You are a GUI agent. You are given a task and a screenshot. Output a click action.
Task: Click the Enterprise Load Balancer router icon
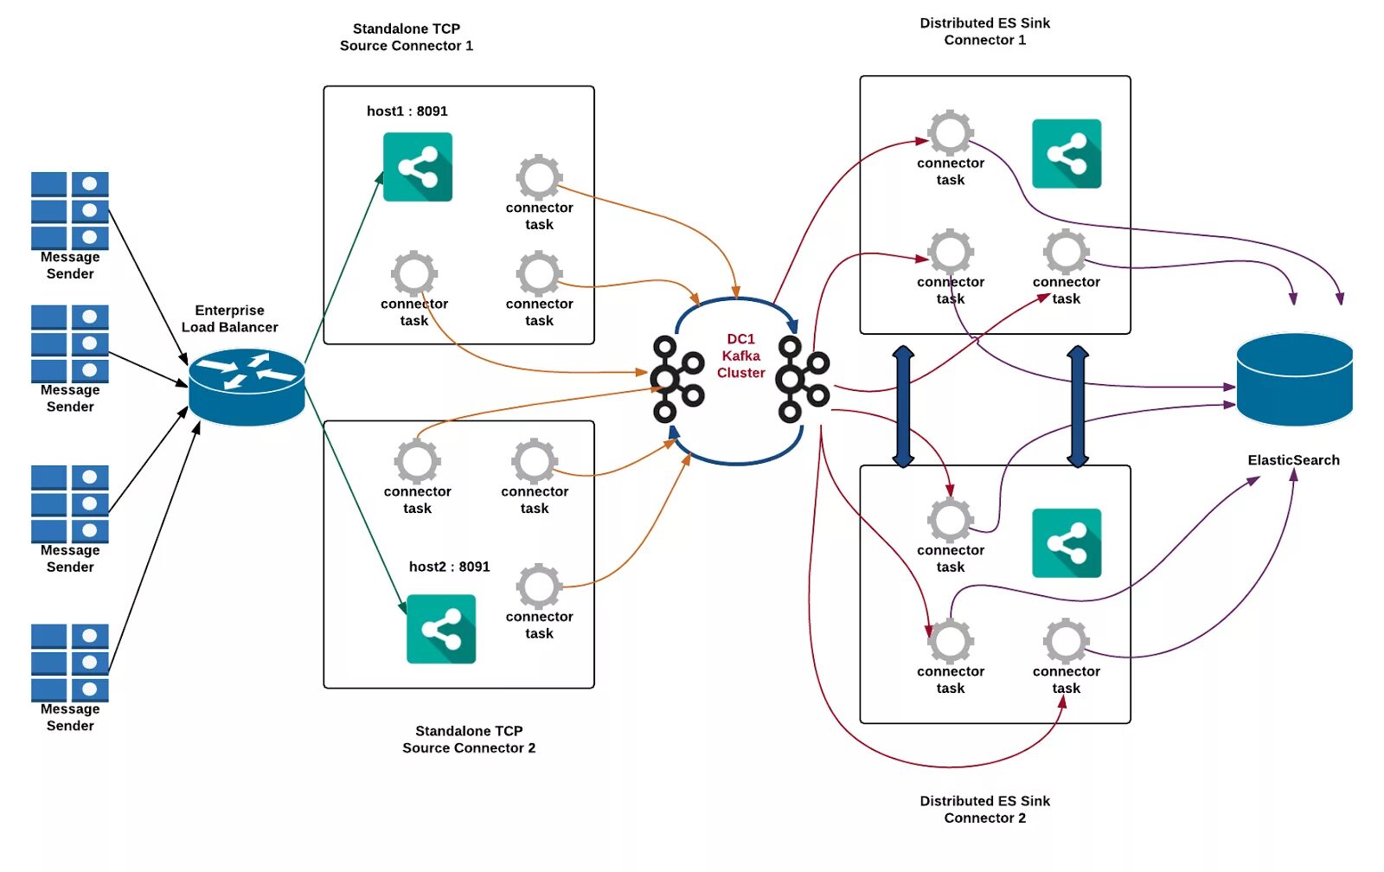[247, 387]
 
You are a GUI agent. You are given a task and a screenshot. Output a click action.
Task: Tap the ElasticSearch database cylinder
[1294, 380]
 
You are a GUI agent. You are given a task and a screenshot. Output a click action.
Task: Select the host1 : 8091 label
[407, 112]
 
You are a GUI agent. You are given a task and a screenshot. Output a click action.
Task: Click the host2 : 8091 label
[449, 567]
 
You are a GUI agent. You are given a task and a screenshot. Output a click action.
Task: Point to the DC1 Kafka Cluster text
[740, 356]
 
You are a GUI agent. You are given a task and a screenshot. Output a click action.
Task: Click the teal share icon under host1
[418, 167]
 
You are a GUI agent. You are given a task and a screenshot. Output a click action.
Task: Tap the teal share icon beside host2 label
[441, 629]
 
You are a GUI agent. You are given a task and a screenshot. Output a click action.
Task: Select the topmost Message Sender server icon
[70, 211]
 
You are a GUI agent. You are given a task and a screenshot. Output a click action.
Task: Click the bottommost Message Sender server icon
[70, 664]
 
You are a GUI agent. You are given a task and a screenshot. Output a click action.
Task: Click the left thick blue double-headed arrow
[903, 406]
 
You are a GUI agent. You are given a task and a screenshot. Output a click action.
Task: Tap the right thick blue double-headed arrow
[1078, 406]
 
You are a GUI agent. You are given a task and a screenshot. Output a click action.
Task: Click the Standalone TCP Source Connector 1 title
[407, 37]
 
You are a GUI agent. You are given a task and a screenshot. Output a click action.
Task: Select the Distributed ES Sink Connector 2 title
[985, 810]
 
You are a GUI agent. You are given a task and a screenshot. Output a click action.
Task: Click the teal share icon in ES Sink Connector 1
[1067, 153]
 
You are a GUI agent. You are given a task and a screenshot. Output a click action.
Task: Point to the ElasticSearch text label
[1294, 460]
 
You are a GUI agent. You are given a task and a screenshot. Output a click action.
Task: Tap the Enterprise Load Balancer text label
[230, 319]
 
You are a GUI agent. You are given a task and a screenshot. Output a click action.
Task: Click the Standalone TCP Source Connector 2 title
[469, 740]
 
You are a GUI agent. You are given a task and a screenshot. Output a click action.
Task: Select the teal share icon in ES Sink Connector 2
[1067, 543]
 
